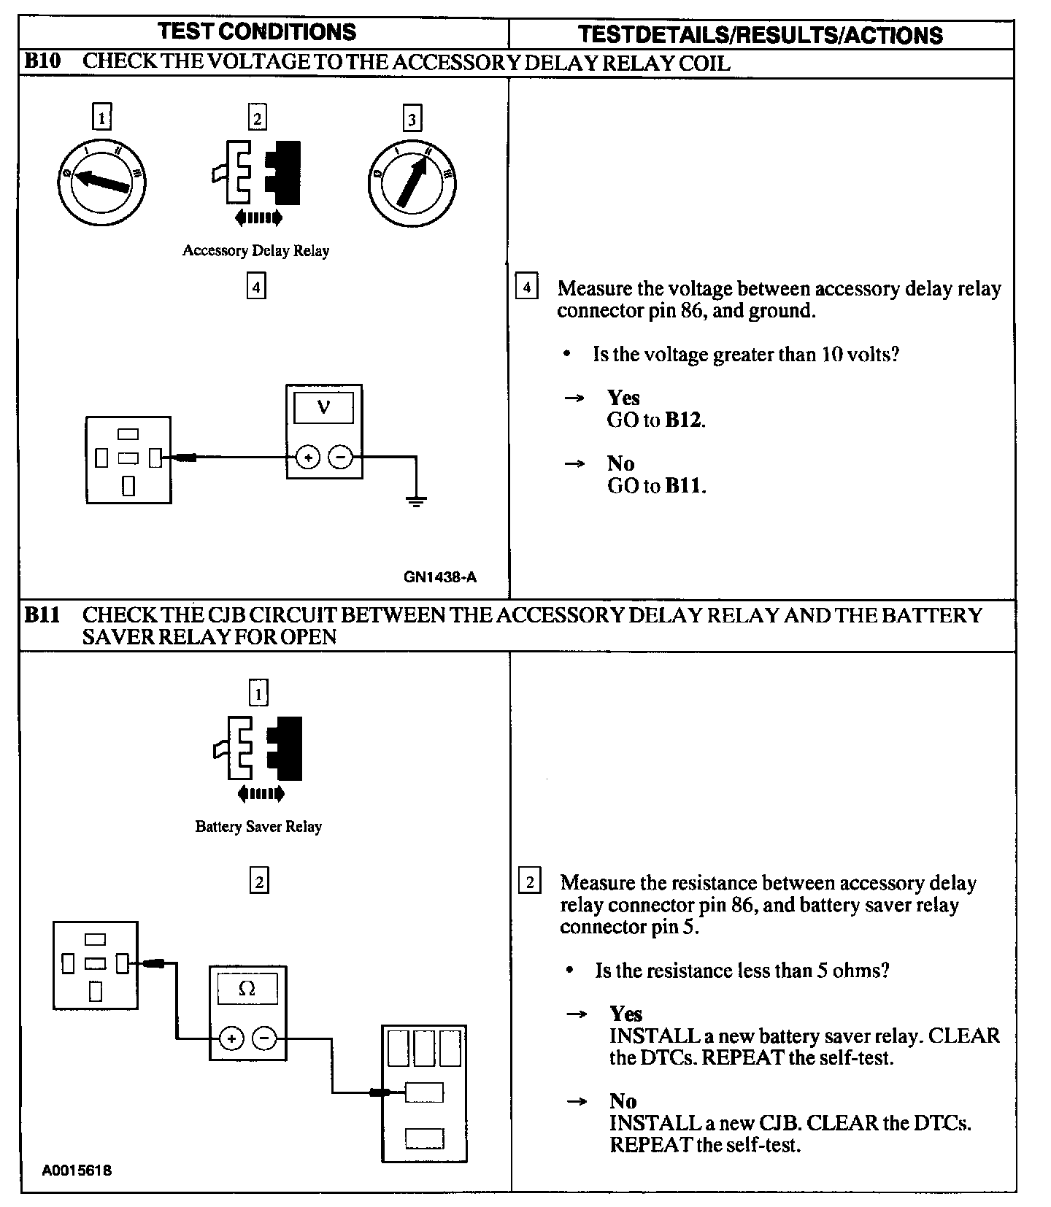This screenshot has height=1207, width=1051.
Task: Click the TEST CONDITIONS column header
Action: click(x=257, y=32)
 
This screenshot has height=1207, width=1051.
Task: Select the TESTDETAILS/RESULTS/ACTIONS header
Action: click(x=760, y=35)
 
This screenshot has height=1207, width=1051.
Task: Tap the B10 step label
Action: click(x=42, y=61)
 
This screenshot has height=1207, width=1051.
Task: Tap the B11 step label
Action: click(x=42, y=615)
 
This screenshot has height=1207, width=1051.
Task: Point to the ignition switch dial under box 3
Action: click(x=412, y=182)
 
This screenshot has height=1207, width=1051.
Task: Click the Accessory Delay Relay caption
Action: click(x=255, y=251)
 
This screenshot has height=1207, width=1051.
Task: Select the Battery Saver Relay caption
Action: click(x=258, y=827)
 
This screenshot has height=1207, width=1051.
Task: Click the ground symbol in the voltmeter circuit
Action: click(x=415, y=500)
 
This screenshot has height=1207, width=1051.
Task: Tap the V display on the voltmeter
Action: click(x=323, y=407)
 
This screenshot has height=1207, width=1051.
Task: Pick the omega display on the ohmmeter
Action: click(x=247, y=989)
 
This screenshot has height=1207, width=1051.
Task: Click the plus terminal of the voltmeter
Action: click(x=308, y=458)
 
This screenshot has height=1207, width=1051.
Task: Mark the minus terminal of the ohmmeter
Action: click(x=265, y=1038)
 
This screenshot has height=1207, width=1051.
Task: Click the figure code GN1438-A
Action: click(x=439, y=577)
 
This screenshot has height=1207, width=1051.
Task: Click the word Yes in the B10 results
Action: click(x=623, y=398)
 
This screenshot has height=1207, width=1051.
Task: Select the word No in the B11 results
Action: click(x=623, y=1101)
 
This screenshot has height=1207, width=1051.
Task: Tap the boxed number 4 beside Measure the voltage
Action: click(x=526, y=286)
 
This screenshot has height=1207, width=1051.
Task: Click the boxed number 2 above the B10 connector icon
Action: click(x=257, y=117)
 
